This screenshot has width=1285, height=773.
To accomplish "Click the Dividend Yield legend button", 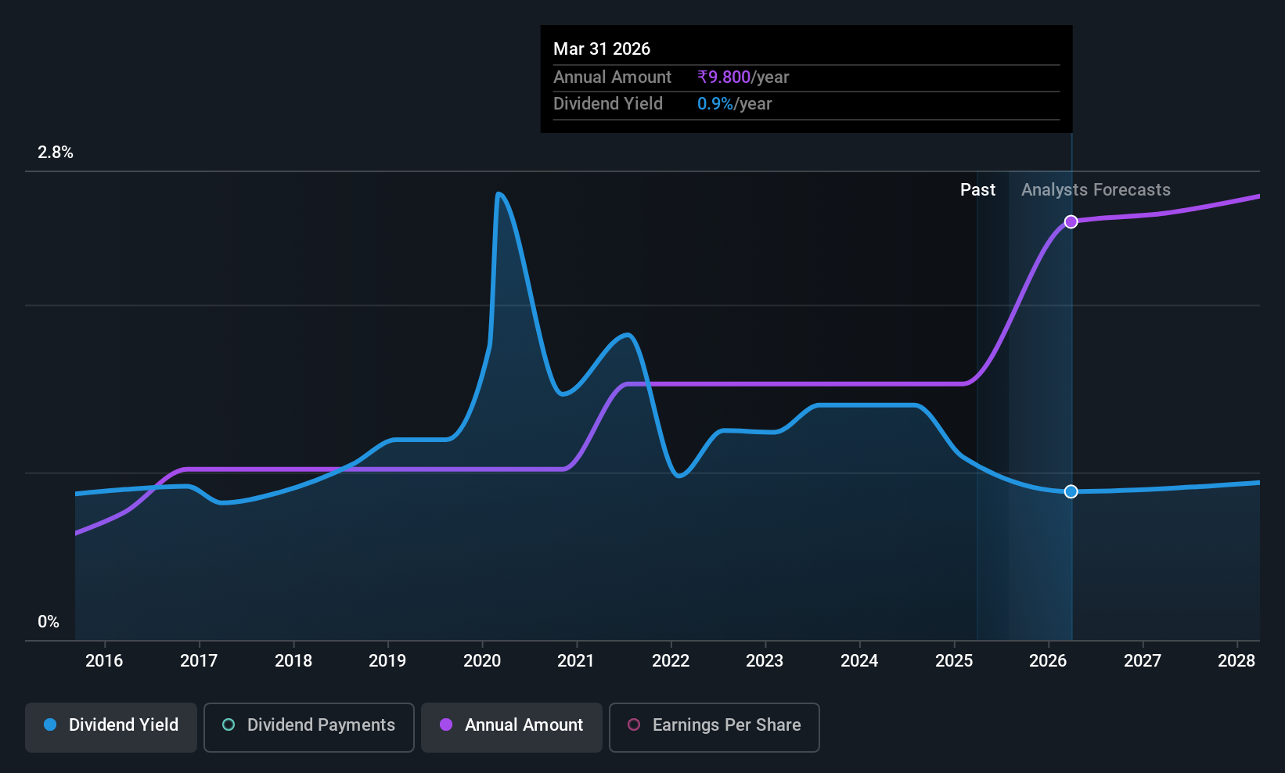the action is coord(110,727).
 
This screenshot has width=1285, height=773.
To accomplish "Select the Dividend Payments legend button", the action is coord(308,727).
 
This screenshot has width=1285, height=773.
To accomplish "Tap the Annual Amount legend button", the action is coord(512,727).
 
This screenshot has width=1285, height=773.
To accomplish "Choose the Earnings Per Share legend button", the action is coord(714,727).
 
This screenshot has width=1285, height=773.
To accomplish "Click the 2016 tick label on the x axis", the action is coord(104,660).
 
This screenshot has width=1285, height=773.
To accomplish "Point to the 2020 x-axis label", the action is coord(482,660).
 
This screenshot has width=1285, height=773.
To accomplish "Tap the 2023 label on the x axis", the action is coord(765,660).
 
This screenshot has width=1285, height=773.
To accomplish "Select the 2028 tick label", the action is coord(1236,660).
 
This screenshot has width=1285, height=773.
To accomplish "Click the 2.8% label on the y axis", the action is coord(56,153).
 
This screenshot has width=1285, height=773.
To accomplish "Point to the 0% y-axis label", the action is coord(49,622).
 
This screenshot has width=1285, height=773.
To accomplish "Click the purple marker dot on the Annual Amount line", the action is coord(1071,222).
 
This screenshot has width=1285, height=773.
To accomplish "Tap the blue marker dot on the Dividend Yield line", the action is coord(1071,491).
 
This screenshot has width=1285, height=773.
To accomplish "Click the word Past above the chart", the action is coord(977,190).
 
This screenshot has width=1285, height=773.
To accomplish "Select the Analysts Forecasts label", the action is coord(1096,190).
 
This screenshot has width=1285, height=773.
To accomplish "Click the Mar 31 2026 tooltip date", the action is coord(602,49).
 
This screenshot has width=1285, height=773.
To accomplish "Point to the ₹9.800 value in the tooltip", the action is coord(724,77).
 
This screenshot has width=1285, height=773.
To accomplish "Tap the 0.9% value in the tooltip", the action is coord(714,104).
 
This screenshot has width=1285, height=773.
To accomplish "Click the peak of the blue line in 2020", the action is coord(498,194).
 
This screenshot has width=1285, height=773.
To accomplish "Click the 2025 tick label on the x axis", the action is coord(954,660).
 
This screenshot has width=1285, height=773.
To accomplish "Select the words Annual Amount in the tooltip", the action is coord(612,77).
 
